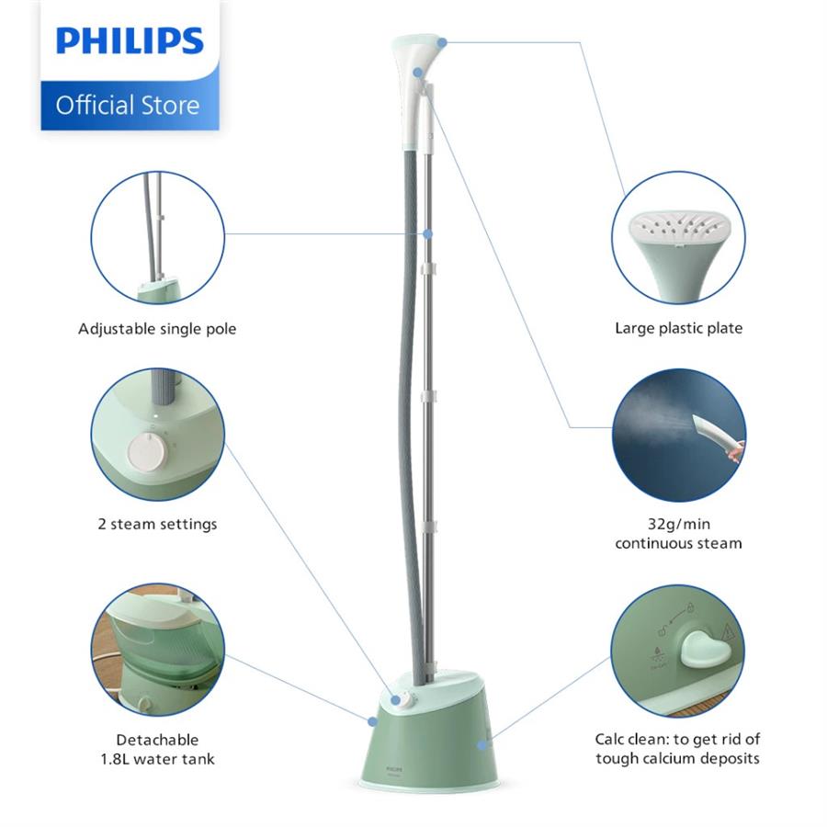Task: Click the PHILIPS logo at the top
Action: [x=130, y=41]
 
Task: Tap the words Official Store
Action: [x=128, y=105]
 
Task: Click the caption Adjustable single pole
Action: [x=157, y=329]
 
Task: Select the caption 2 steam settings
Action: [x=157, y=525]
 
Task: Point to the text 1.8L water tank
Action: [x=157, y=759]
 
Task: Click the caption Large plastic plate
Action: [x=679, y=329]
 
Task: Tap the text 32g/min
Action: [x=679, y=524]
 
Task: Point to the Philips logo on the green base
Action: [x=394, y=769]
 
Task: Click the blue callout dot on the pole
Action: [x=427, y=233]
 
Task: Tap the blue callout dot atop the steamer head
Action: [x=442, y=42]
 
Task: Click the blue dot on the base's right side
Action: [x=481, y=744]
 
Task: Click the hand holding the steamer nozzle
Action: [x=736, y=450]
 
